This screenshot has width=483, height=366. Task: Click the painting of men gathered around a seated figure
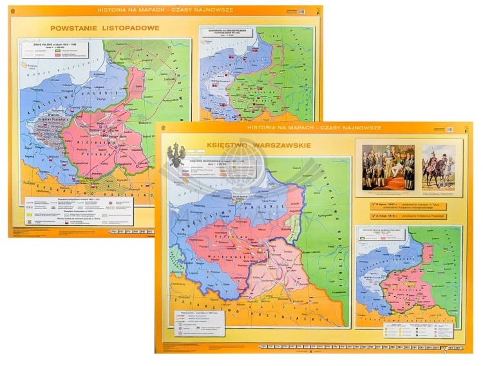point(388,166)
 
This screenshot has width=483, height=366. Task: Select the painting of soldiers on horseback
point(439,167)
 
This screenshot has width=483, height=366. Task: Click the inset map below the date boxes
point(407,277)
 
